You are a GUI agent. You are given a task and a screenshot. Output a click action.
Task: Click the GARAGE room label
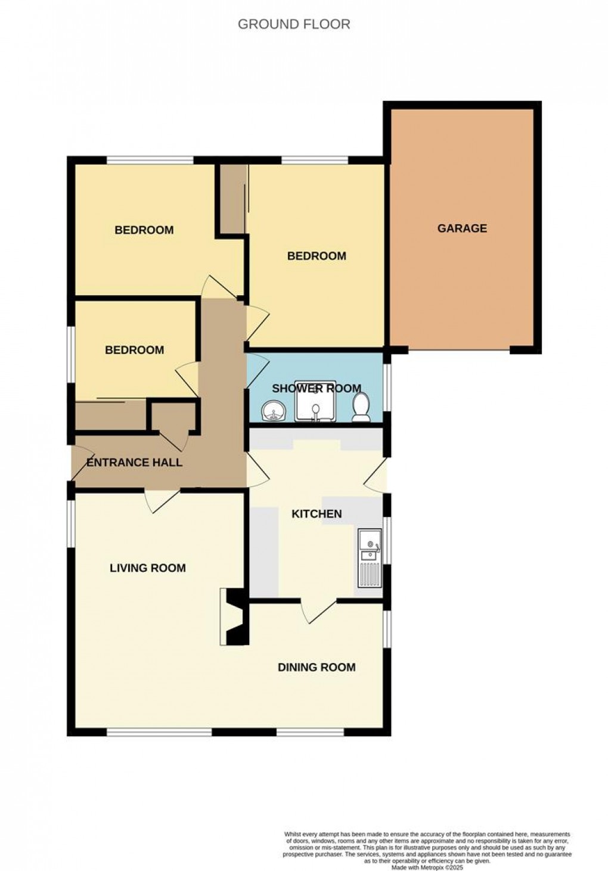pos(462,228)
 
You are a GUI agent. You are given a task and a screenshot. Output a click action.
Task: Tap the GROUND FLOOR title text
pos(294,24)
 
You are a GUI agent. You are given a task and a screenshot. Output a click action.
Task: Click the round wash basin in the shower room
pos(272,411)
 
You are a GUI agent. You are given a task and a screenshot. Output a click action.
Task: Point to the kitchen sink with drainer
pos(370,557)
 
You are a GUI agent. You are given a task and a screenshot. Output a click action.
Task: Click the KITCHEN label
pos(317,514)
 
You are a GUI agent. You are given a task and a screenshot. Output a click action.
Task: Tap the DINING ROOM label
pos(317,667)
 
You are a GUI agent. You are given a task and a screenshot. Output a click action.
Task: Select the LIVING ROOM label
pos(148,568)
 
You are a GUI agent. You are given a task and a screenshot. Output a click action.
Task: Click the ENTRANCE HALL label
pos(135,463)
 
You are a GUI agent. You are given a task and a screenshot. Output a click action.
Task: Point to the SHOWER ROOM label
pos(317,389)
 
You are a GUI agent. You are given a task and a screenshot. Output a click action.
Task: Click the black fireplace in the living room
pos(235,616)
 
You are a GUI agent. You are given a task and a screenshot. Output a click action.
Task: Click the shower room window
pos(388,387)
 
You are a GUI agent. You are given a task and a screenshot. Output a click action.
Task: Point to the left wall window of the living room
pos(71,522)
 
